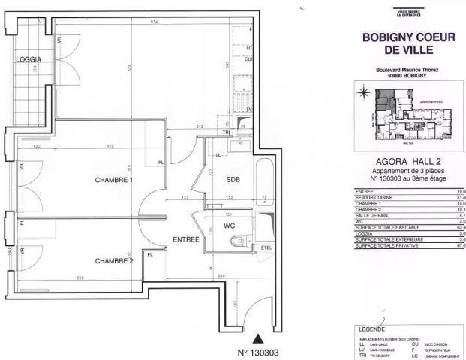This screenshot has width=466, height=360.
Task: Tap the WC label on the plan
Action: click(x=230, y=223)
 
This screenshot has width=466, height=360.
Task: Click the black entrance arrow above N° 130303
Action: click(x=259, y=338)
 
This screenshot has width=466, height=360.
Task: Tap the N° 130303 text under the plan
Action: click(x=259, y=351)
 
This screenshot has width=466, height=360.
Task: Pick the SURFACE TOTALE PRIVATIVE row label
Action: click(x=382, y=245)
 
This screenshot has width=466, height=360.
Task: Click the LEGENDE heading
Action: click(x=368, y=328)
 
